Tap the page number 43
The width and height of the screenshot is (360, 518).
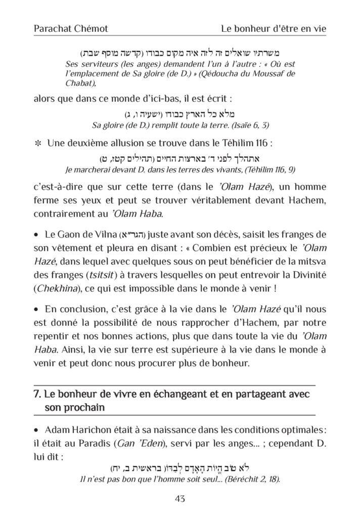tap(180, 499)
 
